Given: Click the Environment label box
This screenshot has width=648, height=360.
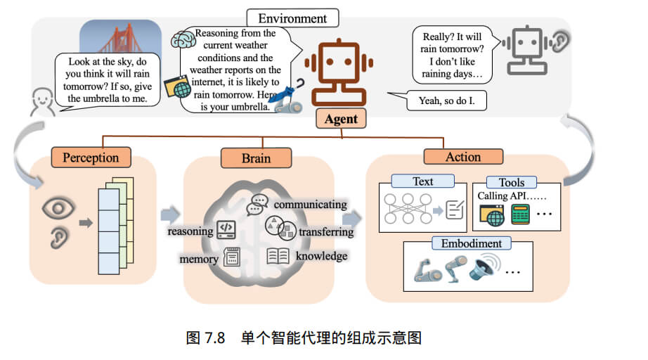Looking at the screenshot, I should [292, 18].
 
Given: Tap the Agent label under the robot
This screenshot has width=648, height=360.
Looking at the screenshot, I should [341, 119].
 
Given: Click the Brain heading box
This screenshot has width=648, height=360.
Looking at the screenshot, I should [256, 159].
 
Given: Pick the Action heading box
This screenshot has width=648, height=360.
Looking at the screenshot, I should [463, 157].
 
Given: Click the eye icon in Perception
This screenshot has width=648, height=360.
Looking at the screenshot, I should [58, 208].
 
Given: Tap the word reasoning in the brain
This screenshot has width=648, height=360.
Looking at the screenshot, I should [190, 231].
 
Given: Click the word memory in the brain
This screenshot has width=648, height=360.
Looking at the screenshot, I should [199, 259].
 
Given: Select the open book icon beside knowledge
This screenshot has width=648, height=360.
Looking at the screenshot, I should [278, 256].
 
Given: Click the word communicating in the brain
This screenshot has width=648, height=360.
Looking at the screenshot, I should [310, 204].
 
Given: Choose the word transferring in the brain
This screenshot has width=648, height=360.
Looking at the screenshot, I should [325, 231].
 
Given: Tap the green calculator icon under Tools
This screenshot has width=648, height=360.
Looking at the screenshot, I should [520, 215].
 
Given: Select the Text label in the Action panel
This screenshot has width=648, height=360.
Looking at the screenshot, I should [422, 181].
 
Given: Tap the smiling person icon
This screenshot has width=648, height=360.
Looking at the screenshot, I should [43, 101].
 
